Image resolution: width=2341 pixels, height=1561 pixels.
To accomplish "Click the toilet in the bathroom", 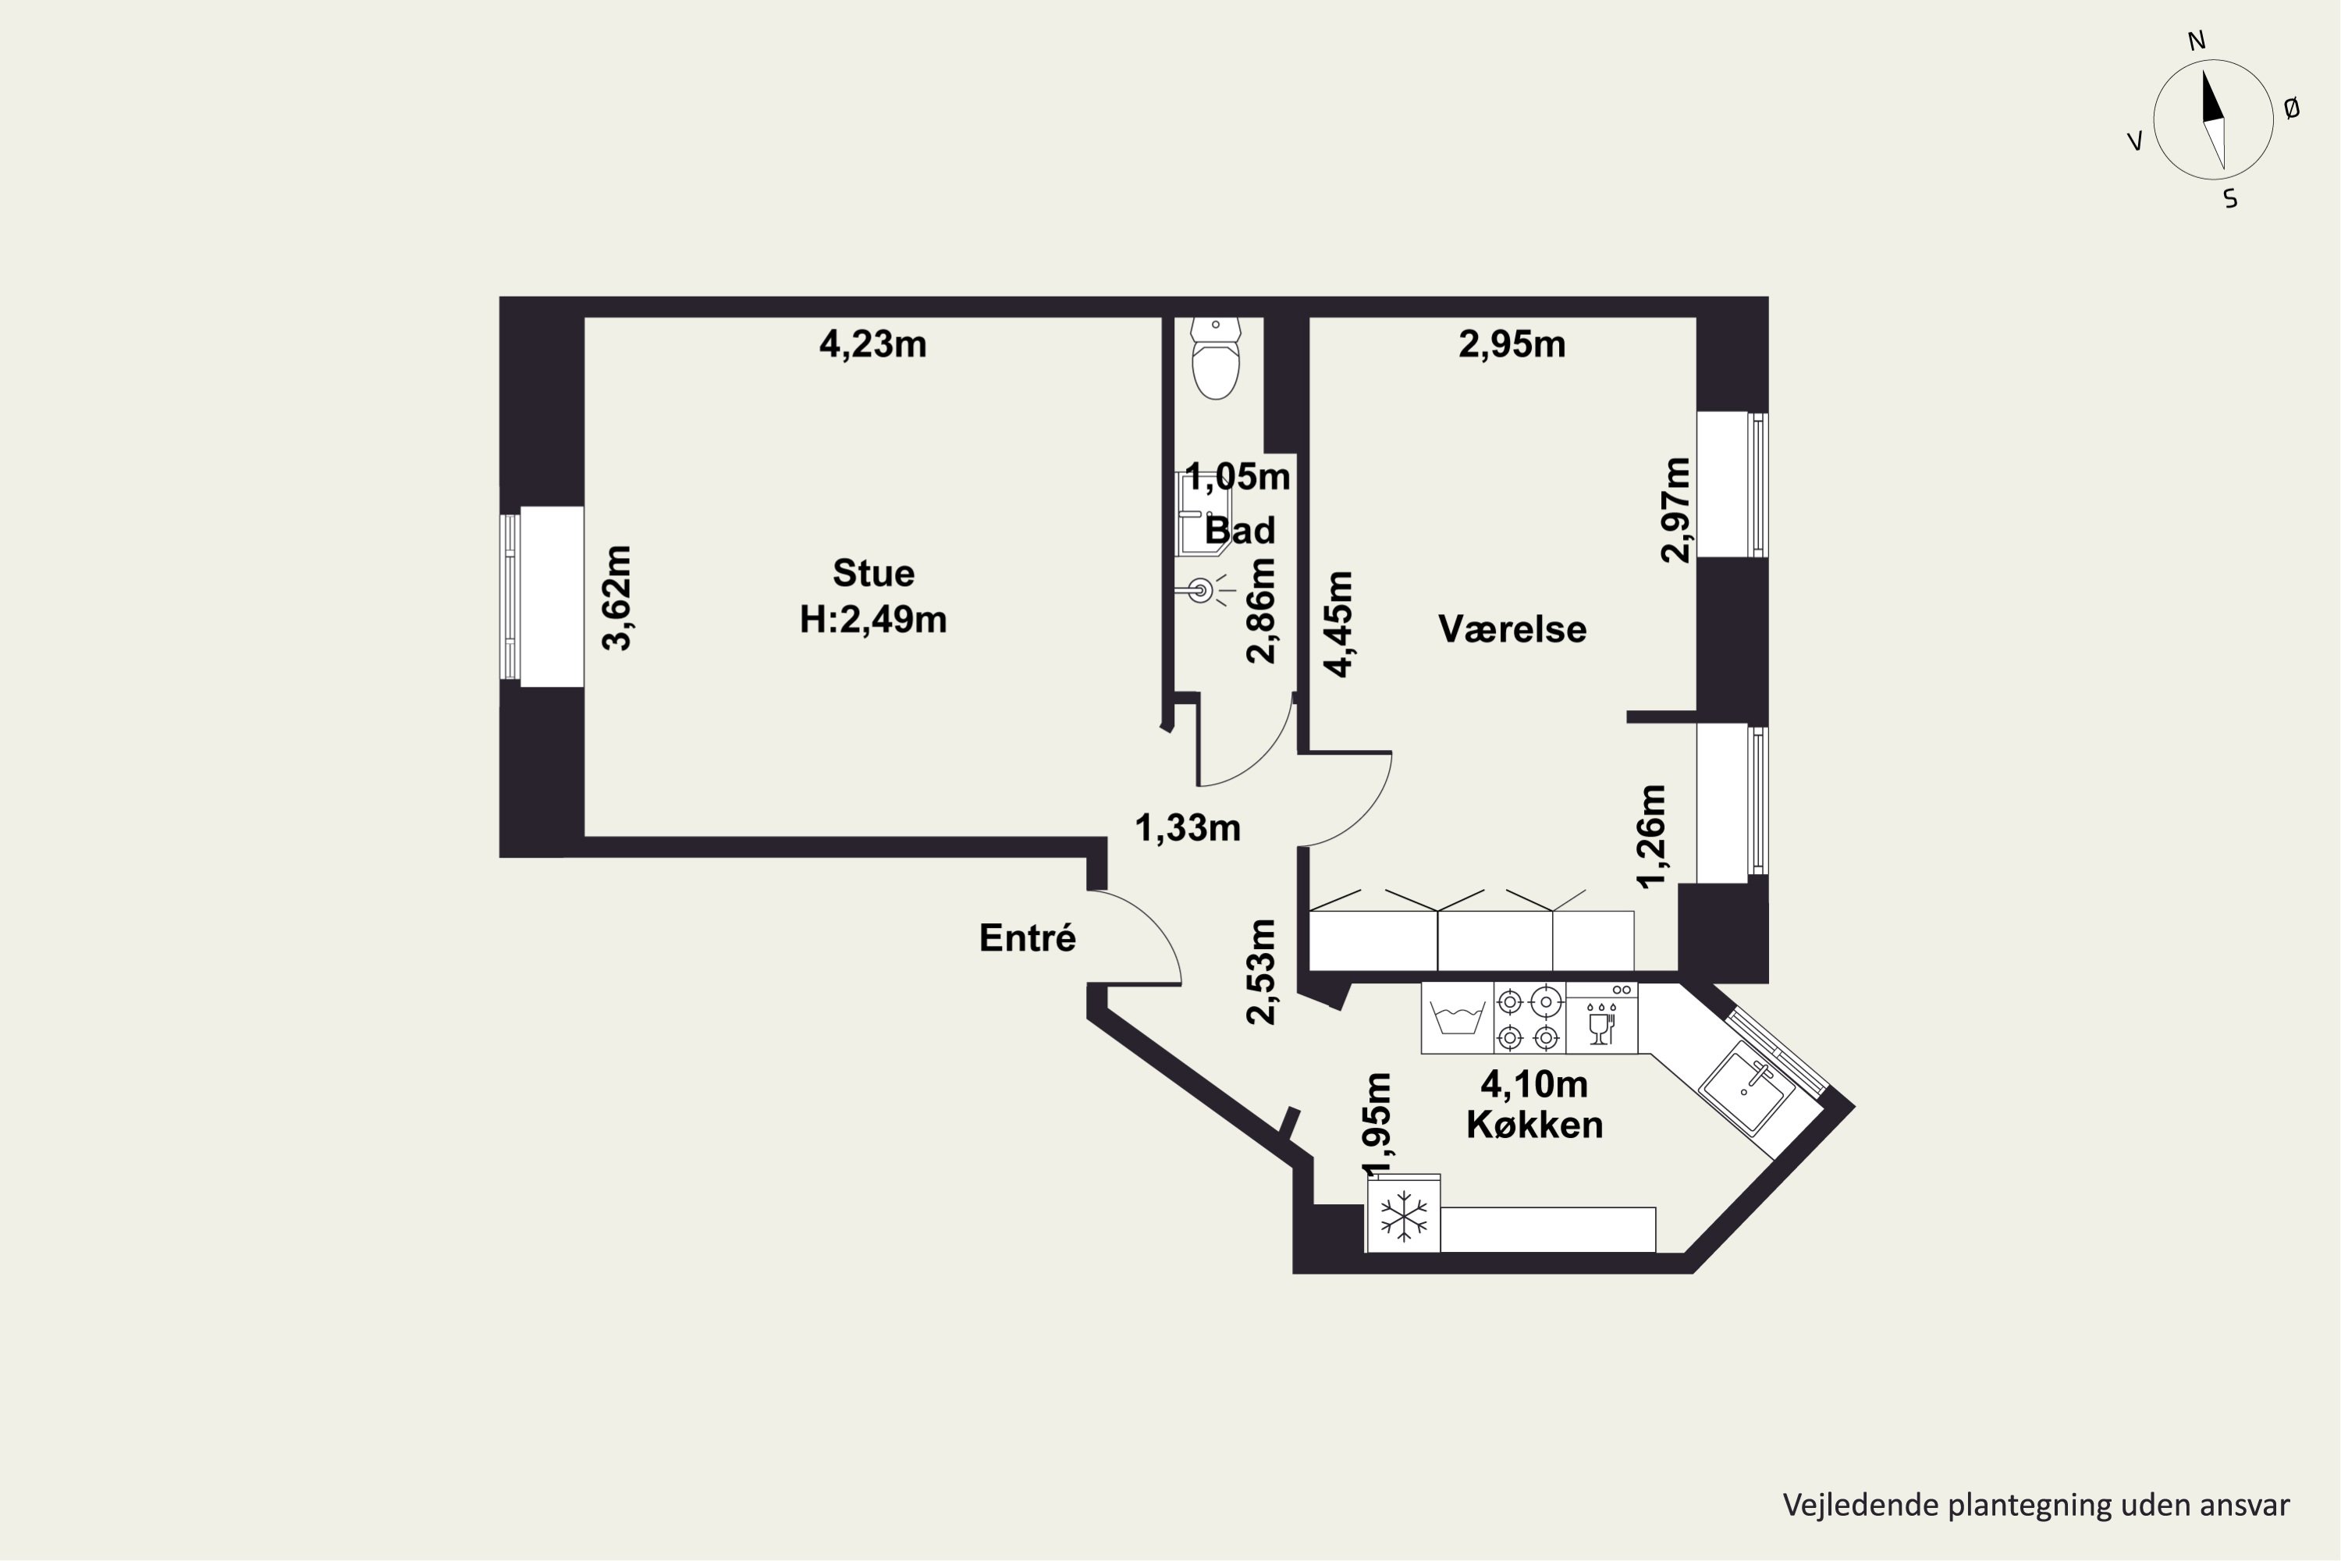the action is coord(1215,358).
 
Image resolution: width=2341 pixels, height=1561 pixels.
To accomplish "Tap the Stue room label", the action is coord(873,574).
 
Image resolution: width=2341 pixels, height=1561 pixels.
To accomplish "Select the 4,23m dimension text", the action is coord(873,344).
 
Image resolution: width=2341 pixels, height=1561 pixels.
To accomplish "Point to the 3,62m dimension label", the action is coord(617,597).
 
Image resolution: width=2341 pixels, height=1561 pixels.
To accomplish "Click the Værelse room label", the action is coord(1512,629).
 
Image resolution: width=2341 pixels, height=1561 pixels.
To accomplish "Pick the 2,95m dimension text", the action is coord(1512,344).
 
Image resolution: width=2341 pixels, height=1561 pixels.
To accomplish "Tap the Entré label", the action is coord(1027,938).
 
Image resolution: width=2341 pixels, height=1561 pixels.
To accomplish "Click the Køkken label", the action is coord(1535,1125).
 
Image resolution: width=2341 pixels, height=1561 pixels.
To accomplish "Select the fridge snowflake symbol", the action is coord(1403,1215).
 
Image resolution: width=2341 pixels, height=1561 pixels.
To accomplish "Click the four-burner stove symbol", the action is coord(1529,1019).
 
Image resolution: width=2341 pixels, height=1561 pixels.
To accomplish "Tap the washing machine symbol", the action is coord(1457,1019).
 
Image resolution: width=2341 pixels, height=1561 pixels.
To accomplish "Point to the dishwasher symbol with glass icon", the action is coord(1601,1019).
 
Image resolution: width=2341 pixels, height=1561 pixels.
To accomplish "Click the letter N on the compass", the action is coord(2197,41).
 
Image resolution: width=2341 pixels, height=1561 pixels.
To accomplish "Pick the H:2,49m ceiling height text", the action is coord(873,620).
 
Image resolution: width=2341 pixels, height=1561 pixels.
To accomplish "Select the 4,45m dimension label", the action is coord(1340,624).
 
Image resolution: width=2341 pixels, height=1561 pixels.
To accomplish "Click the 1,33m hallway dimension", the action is coord(1188,828).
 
